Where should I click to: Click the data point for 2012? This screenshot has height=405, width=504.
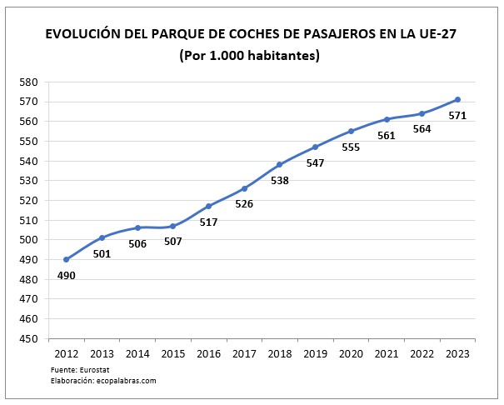pyautogui.click(x=67, y=259)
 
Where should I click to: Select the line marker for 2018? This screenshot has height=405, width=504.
pyautogui.click(x=280, y=164)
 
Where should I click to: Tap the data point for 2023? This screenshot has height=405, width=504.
pyautogui.click(x=458, y=99)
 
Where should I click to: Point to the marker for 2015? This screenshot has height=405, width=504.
pyautogui.click(x=173, y=226)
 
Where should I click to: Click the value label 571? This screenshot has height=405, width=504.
pyautogui.click(x=458, y=115)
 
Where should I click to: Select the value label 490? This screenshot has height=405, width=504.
pyautogui.click(x=67, y=275)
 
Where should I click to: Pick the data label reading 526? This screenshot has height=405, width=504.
pyautogui.click(x=244, y=203)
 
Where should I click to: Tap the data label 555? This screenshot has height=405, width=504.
pyautogui.click(x=351, y=147)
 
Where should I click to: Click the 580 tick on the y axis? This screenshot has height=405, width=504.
pyautogui.click(x=29, y=82)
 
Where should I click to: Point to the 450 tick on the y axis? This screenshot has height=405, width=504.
pyautogui.click(x=29, y=339)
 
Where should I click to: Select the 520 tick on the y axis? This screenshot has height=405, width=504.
pyautogui.click(x=29, y=201)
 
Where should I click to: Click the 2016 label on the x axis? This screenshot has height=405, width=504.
pyautogui.click(x=208, y=354)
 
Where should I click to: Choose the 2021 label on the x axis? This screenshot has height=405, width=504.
pyautogui.click(x=387, y=354)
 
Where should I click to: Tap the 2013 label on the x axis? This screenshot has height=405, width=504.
pyautogui.click(x=102, y=354)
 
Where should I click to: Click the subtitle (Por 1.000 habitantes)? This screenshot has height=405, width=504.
pyautogui.click(x=249, y=56)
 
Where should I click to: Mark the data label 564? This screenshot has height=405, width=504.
pyautogui.click(x=422, y=129)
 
